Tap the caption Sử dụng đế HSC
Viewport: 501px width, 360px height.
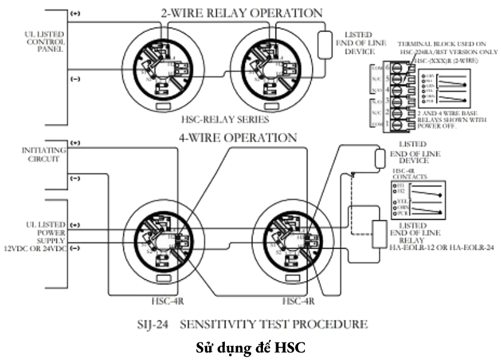[x=250, y=346]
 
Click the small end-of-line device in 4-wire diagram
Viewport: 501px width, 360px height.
[x=378, y=158]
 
